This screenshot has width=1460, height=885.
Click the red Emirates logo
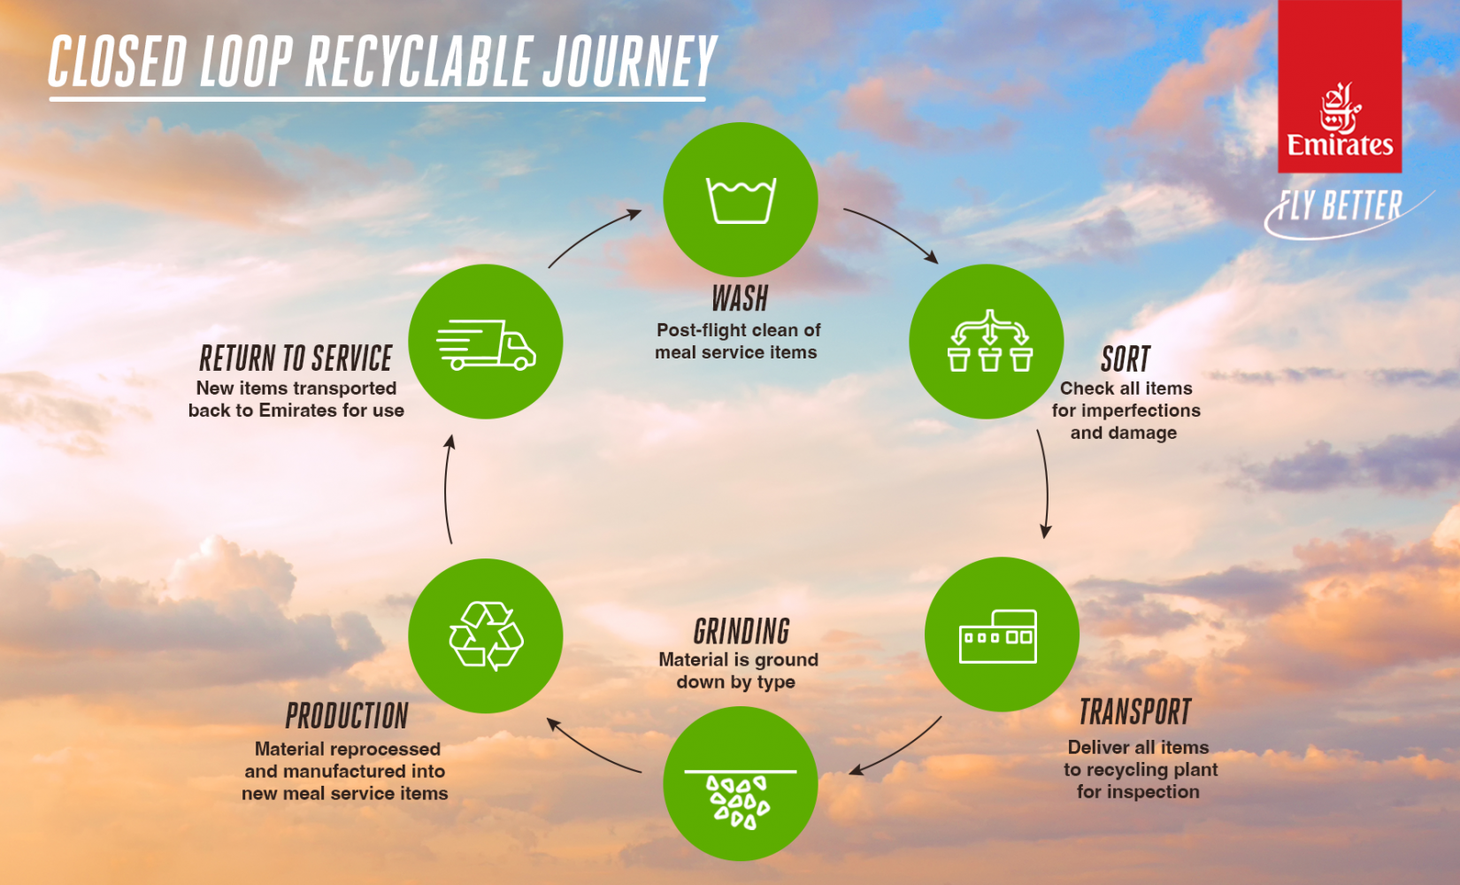click(1340, 86)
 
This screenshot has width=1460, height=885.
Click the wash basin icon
click(742, 200)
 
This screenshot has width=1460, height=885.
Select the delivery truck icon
click(486, 344)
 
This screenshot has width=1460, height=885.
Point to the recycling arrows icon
click(487, 635)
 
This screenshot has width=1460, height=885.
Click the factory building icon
click(998, 636)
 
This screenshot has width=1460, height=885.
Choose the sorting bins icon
click(989, 340)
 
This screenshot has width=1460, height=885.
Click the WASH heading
click(740, 299)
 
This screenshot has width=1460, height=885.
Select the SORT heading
click(1126, 359)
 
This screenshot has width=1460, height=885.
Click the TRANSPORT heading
click(1134, 712)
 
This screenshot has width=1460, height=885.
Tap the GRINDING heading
click(742, 632)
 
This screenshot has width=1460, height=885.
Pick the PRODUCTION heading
click(347, 716)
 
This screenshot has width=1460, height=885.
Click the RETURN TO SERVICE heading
click(296, 358)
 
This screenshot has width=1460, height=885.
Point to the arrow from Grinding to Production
click(590, 750)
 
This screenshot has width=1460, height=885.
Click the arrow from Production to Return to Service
click(447, 489)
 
